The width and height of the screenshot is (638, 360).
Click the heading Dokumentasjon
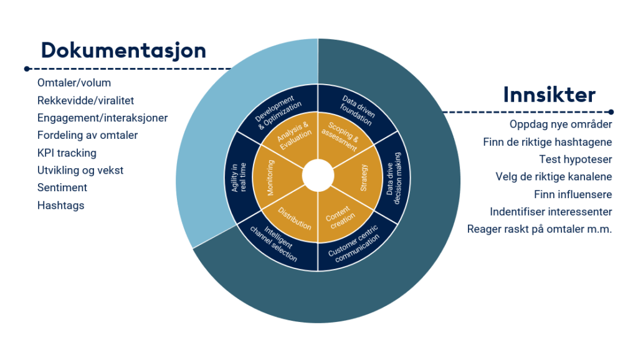(123, 49)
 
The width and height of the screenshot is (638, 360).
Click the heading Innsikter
(549, 95)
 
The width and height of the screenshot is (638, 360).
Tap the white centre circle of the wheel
(318, 175)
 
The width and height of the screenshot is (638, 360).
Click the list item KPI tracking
(67, 153)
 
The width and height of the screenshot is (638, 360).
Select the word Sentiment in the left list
(62, 187)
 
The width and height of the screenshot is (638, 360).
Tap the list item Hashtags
(60, 205)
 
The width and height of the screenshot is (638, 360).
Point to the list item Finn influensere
(573, 194)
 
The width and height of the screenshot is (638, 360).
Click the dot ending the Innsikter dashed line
(611, 112)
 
